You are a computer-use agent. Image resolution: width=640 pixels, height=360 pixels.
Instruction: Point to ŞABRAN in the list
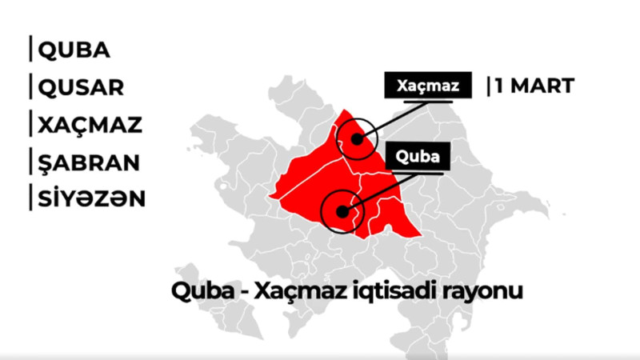click(x=89, y=162)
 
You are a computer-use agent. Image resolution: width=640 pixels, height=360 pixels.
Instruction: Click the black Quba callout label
click(x=418, y=157)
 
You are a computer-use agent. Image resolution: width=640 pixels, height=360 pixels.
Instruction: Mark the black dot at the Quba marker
click(x=342, y=211)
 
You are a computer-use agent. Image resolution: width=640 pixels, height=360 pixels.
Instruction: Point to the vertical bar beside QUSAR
click(x=30, y=86)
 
